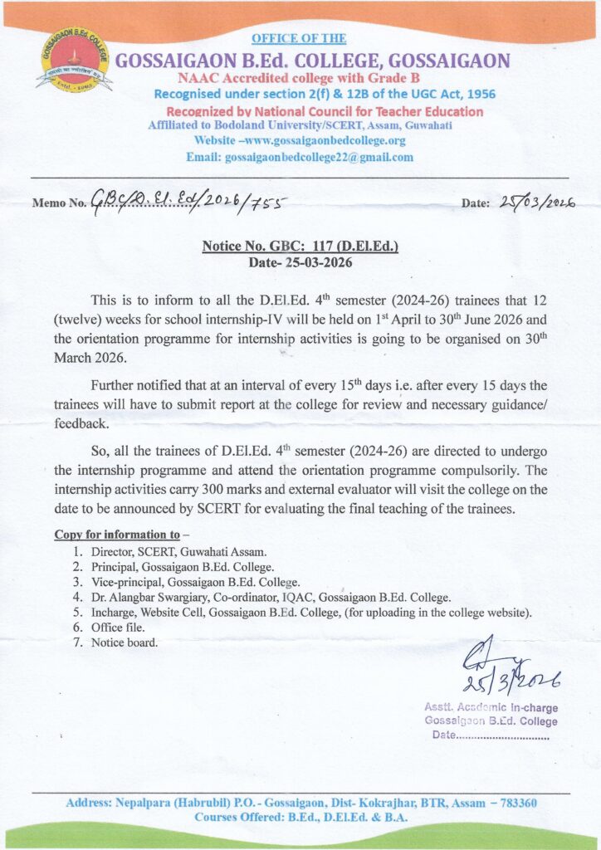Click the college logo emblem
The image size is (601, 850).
74,59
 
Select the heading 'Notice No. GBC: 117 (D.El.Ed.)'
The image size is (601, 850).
300,247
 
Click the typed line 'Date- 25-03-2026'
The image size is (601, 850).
300,262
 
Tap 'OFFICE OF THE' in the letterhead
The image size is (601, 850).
299,39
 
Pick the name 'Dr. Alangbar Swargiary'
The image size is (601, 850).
155,597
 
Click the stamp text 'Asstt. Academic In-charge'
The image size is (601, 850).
491,708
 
